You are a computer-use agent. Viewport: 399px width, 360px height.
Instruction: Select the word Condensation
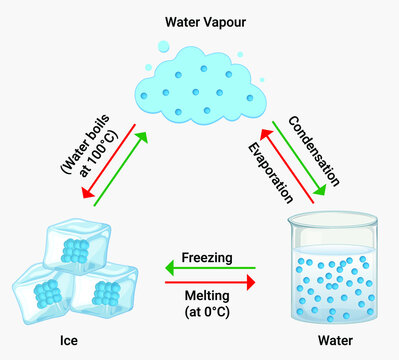(x=314, y=151)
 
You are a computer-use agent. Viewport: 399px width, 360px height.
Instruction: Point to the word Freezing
(x=207, y=257)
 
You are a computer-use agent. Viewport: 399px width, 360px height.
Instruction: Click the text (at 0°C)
(x=209, y=314)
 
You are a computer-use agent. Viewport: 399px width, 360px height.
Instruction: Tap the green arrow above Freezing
(x=209, y=268)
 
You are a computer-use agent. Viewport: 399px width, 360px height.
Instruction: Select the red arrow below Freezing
(x=209, y=283)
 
